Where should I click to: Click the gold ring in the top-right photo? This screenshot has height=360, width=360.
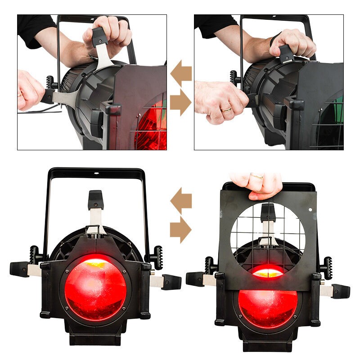226,109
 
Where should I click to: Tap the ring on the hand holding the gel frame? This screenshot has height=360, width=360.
258,176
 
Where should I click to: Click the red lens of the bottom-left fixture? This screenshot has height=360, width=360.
95,288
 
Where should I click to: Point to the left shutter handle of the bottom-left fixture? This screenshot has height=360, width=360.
20,269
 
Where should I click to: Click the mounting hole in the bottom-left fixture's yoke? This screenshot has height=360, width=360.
95,172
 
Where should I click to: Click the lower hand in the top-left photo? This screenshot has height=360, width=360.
29,90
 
